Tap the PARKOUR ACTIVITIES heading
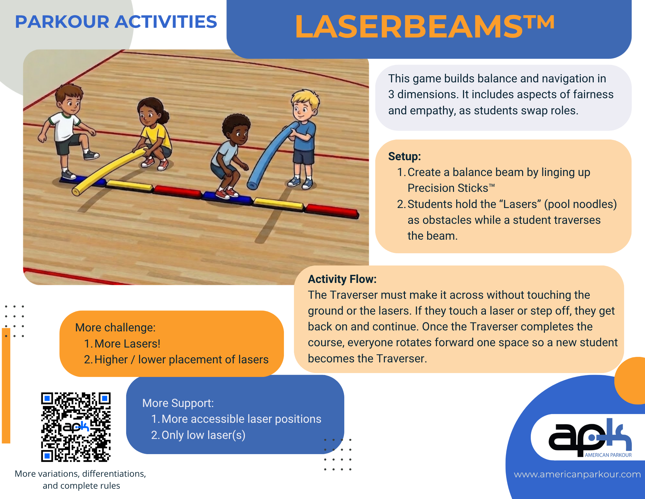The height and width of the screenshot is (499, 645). coord(116,22)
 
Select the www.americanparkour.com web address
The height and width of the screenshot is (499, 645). coord(577,474)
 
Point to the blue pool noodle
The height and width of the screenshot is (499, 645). coord(271,155)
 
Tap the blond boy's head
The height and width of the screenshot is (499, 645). coord(304,103)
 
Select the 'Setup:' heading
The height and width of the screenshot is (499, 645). coord(404,156)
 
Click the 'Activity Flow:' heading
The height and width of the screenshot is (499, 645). coord(342,279)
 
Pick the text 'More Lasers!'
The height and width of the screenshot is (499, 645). coord(127,344)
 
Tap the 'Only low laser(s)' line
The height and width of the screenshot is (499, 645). coord(203,435)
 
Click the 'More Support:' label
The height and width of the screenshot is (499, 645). coord(178,403)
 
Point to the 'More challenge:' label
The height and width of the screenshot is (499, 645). coord(115,327)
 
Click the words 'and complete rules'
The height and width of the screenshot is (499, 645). coord(81,486)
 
